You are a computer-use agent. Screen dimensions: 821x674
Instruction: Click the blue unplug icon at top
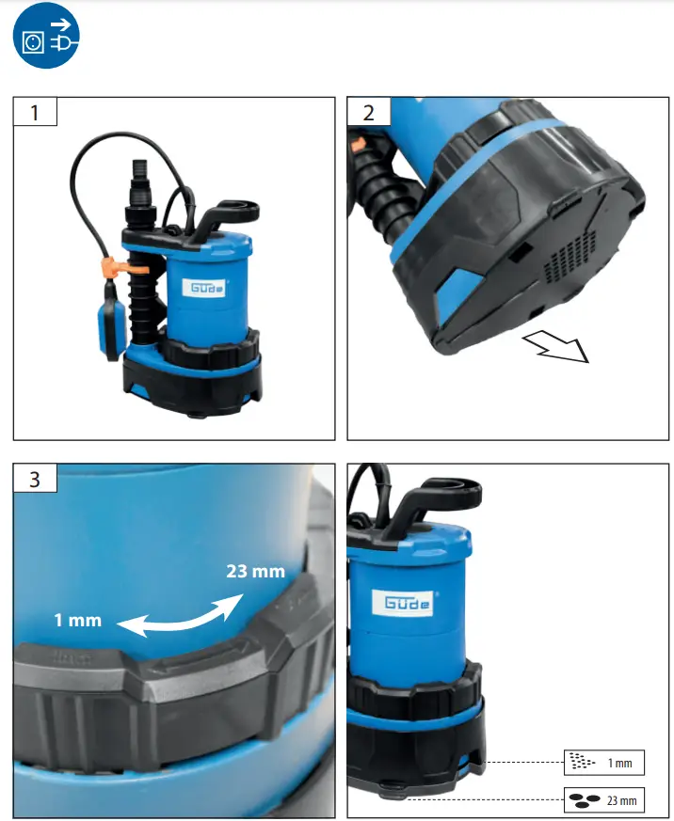45,38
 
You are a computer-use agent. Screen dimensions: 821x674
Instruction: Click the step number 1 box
35,112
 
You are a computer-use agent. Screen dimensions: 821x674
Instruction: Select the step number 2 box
368,112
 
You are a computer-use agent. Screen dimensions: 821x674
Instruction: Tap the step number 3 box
35,478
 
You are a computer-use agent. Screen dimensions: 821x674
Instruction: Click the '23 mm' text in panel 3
256,571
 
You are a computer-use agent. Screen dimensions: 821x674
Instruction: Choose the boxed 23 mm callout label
603,800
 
